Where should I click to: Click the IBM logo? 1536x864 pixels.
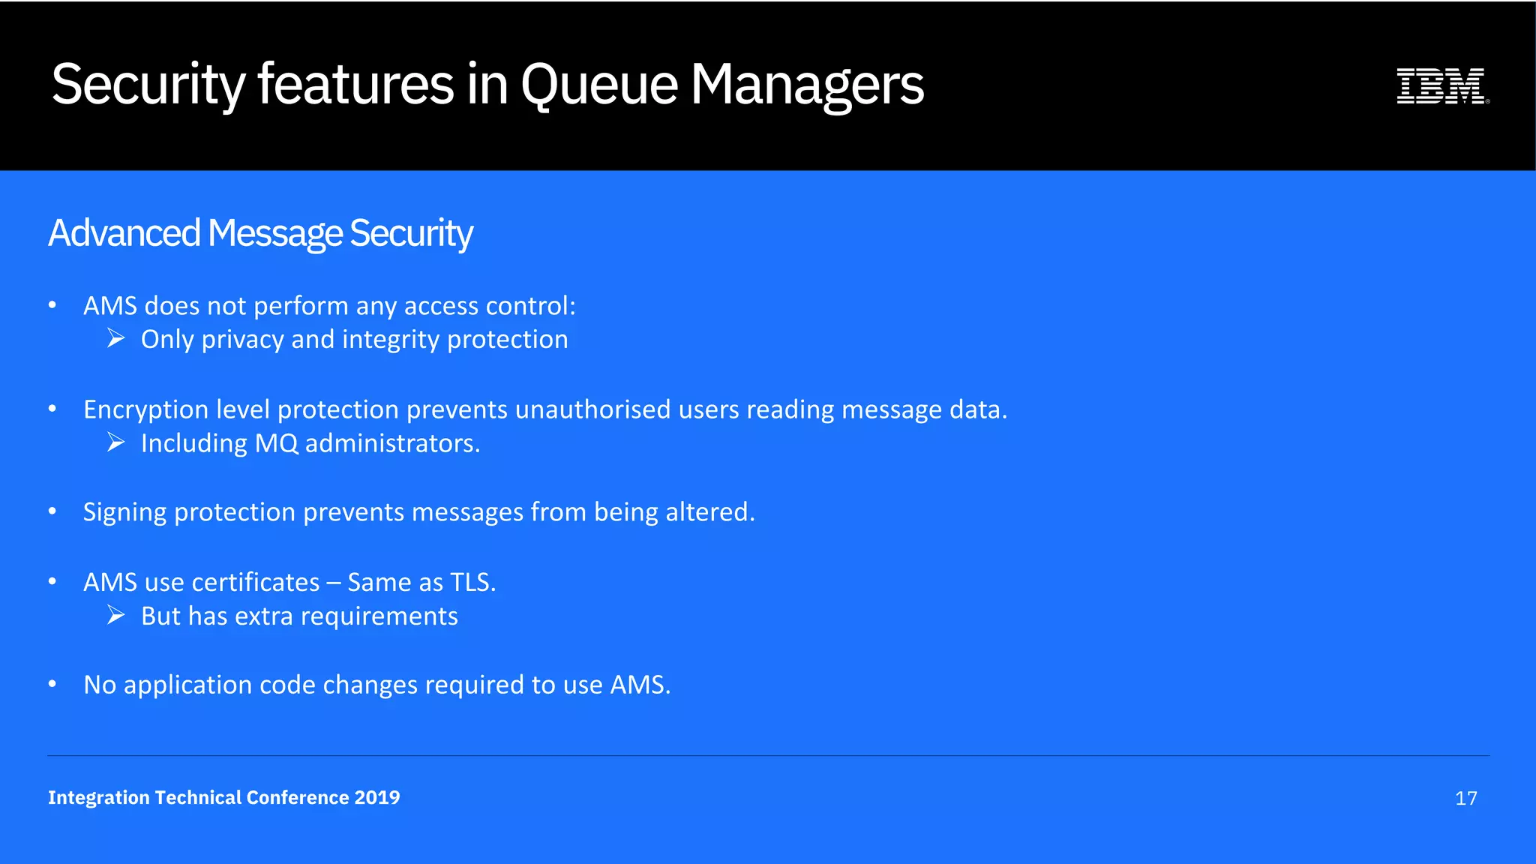point(1441,85)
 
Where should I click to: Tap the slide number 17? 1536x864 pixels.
point(1465,798)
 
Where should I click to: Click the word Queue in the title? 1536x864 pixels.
point(599,84)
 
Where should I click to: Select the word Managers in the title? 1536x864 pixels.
point(807,84)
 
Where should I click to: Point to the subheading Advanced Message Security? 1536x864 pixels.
point(260,233)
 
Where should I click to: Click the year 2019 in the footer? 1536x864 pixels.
point(377,797)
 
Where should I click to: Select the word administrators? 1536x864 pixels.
point(392,443)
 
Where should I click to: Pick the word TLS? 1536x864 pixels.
point(472,582)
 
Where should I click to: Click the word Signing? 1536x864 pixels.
point(124,512)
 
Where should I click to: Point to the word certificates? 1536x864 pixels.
point(255,582)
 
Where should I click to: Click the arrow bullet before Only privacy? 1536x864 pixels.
point(115,339)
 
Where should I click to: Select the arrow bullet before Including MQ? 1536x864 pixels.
point(115,442)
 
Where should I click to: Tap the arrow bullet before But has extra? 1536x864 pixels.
point(115,616)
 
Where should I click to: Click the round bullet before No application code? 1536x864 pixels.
point(52,684)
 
